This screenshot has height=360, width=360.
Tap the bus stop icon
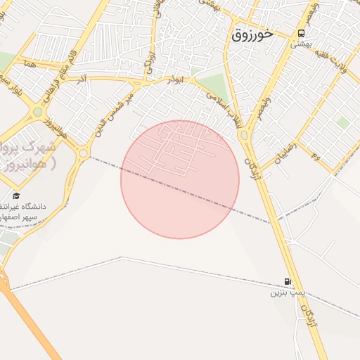(302, 33)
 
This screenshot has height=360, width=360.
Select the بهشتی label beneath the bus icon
(301, 44)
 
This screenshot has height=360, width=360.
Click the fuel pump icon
(288, 281)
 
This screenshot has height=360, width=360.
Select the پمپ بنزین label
(281, 292)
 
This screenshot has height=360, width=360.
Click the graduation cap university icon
(16, 195)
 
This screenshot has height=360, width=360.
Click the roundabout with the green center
(37, 112)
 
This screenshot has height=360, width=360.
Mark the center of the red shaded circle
(180, 180)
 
